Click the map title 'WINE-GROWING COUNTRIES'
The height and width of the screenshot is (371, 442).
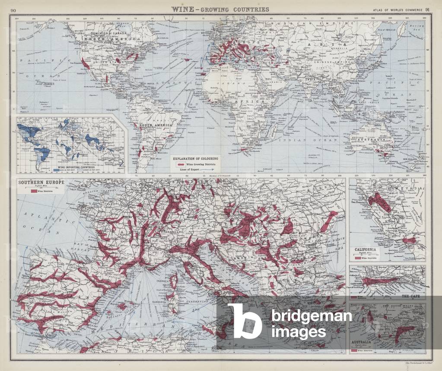[x=220, y=9]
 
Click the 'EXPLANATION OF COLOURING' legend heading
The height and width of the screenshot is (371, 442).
[x=195, y=159]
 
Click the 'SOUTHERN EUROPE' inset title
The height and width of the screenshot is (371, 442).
[x=41, y=183]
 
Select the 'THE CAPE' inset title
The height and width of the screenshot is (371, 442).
[x=411, y=296]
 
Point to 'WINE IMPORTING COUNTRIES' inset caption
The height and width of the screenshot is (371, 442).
[x=70, y=165]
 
